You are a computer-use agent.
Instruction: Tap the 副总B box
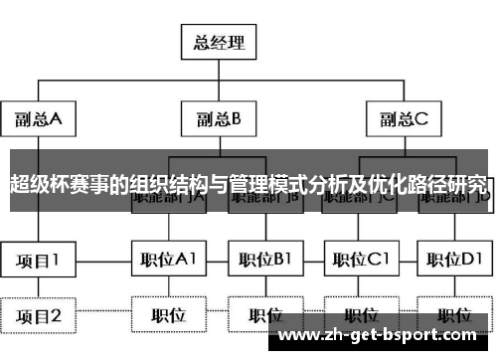pyautogui.click(x=219, y=120)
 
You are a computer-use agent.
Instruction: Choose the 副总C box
pyautogui.click(x=404, y=120)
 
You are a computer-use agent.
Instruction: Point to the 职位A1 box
pyautogui.click(x=168, y=260)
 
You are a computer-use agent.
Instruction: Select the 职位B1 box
pyautogui.click(x=263, y=260)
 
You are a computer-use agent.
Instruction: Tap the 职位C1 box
pyautogui.click(x=361, y=260)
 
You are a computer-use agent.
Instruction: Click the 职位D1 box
pyautogui.click(x=454, y=260)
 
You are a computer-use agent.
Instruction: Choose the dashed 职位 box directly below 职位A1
pyautogui.click(x=168, y=315)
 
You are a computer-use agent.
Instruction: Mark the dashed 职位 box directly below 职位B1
pyautogui.click(x=263, y=315)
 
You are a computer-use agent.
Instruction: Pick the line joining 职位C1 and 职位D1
pyautogui.click(x=408, y=260)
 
